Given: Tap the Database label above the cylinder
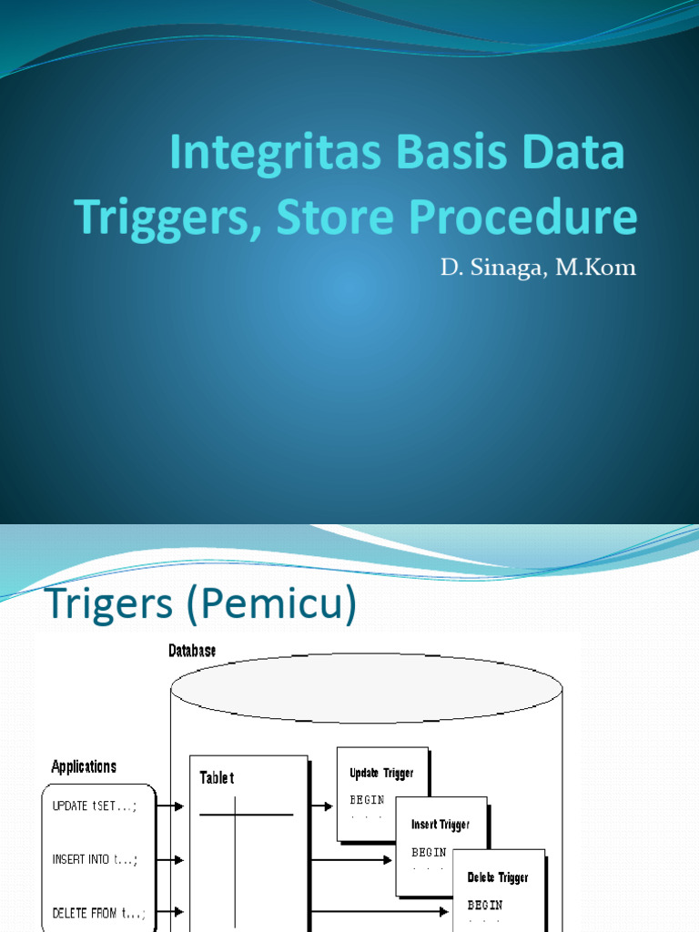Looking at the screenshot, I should coord(192,651).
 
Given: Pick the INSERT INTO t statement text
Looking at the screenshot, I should coord(96,859).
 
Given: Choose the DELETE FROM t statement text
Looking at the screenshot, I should coord(98,913).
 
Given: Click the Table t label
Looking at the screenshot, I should coord(217,778).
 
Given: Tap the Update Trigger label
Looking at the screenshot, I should coord(381,774).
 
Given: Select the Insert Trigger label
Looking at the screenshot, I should coord(441,825).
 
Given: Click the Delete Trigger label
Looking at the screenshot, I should coord(498,877).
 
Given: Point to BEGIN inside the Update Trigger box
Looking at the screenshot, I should coord(368,800).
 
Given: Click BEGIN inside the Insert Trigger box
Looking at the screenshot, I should coord(429,853).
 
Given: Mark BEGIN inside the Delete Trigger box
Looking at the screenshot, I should coord(485,906).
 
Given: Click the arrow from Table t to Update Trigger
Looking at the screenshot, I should coord(321,805).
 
